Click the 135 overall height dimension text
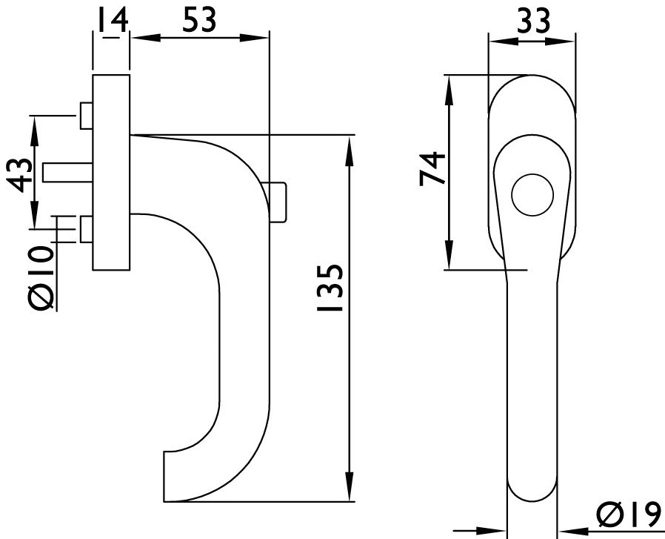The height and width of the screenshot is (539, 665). click(x=329, y=288)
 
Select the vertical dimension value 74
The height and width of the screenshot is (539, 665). click(x=432, y=169)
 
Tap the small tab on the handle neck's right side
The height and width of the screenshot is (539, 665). click(x=278, y=201)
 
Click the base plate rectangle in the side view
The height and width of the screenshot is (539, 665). click(x=111, y=172)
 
